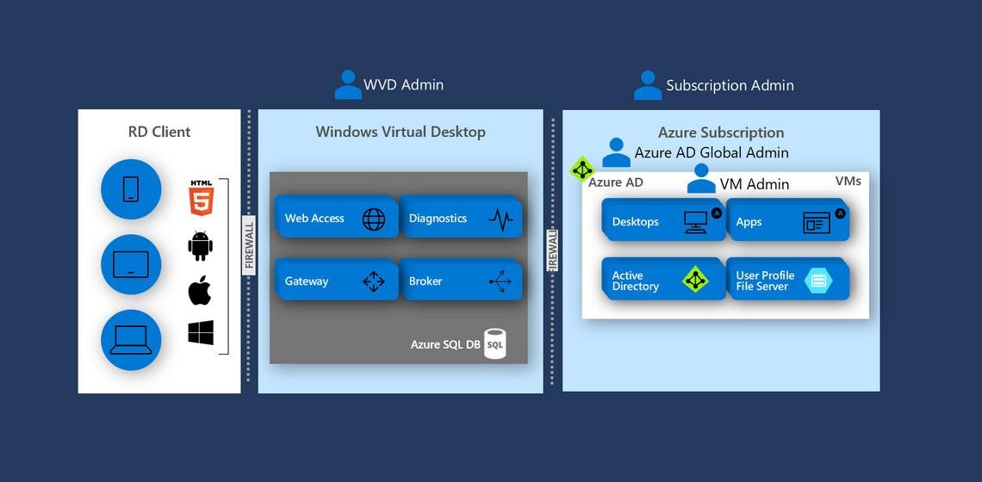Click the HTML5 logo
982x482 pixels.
(201, 197)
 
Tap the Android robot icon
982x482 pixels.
(201, 246)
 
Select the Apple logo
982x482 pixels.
(200, 291)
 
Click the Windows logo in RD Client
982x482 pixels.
(201, 333)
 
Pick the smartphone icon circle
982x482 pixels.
(131, 188)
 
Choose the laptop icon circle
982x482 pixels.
(131, 340)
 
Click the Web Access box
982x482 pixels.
(336, 219)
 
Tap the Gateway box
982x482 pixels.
(336, 281)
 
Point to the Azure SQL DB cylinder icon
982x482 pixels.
(494, 343)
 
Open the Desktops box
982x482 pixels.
(662, 221)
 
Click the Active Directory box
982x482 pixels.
(662, 281)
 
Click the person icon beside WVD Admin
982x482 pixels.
(348, 84)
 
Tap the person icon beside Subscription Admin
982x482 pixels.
(648, 85)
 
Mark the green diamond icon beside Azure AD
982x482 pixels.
(583, 169)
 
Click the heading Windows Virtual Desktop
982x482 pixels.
(401, 132)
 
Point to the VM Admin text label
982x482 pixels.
(755, 183)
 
